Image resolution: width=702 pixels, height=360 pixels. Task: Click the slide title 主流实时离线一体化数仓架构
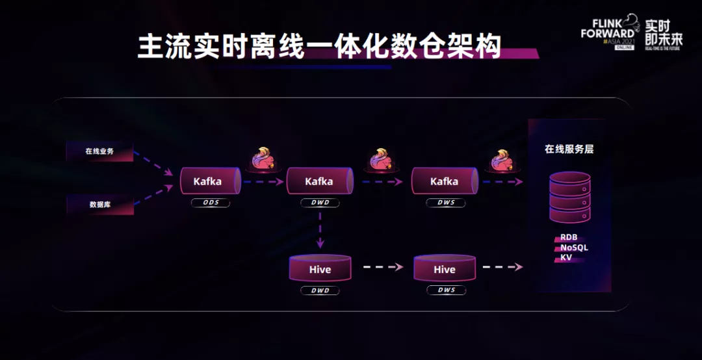(319, 47)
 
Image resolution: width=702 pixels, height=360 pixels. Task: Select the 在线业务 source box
(99, 151)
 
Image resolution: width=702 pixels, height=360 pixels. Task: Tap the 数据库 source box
(99, 204)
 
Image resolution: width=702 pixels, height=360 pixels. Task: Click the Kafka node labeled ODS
(209, 181)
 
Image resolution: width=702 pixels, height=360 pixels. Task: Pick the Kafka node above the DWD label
(319, 181)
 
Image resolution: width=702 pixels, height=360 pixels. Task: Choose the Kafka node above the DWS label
(445, 181)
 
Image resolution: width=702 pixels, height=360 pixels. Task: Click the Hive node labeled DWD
(320, 269)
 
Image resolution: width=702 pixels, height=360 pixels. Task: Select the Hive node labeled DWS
(445, 269)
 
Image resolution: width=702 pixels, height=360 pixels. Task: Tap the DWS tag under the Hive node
(447, 290)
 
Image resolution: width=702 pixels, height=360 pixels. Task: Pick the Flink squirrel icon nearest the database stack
(500, 161)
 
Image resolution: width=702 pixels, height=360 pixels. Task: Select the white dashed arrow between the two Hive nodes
(382, 266)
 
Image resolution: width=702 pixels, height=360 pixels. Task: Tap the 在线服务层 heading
(569, 149)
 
